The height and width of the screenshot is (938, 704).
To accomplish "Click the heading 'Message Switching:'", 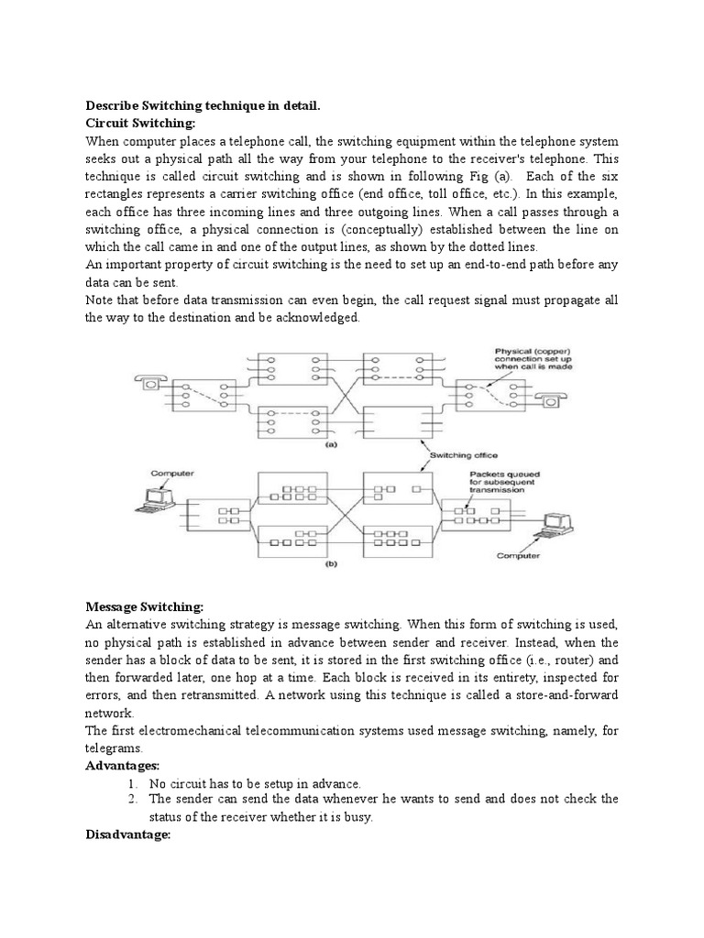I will coord(144,607).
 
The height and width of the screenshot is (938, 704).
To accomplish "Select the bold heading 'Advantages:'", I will coord(123,765).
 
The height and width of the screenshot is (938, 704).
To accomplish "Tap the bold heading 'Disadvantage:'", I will coord(128,834).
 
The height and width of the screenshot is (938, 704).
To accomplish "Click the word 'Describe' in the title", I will coord(112,107).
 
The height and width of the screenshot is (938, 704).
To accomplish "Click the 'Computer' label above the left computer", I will coord(172,474).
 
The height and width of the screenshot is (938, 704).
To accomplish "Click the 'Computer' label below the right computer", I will coord(519,555).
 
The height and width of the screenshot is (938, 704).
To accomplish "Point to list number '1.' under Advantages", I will coord(134,783).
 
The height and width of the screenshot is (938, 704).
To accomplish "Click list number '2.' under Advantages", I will coord(134,800).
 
